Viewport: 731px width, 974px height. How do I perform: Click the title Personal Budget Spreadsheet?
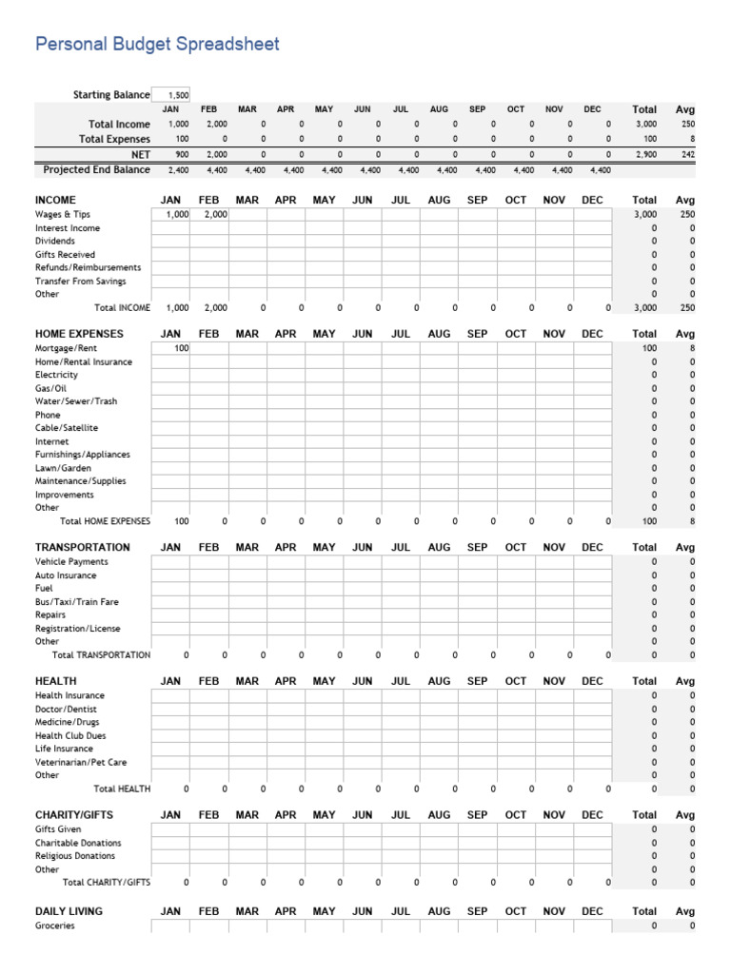[157, 44]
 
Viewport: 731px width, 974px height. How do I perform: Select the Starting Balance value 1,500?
[177, 95]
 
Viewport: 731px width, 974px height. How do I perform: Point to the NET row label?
[141, 154]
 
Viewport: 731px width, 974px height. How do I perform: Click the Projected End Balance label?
[97, 169]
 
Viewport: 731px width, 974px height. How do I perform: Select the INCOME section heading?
[55, 201]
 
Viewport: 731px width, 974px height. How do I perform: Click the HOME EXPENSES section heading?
[79, 334]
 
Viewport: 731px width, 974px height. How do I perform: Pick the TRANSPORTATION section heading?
[83, 547]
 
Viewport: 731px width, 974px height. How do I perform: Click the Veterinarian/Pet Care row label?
[81, 762]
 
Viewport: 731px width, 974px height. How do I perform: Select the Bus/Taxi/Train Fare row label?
[77, 602]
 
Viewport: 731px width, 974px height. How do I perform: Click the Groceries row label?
[55, 925]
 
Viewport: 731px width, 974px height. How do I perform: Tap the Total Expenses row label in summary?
[114, 139]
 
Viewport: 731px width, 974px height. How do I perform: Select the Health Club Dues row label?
[70, 735]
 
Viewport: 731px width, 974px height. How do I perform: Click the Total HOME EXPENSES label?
[105, 521]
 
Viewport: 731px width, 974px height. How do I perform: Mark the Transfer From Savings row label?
[81, 282]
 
